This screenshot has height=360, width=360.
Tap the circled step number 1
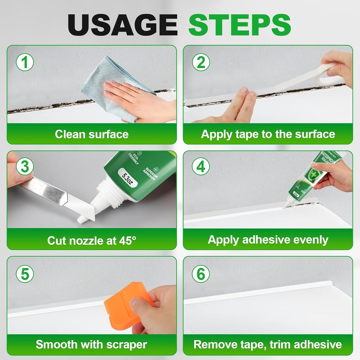click(x=25, y=63)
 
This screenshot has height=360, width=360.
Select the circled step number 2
click(x=201, y=63)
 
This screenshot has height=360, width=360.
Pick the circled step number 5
click(x=25, y=274)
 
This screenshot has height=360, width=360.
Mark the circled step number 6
click(x=201, y=274)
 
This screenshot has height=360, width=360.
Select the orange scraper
click(x=127, y=306)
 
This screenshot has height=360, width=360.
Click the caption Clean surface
click(x=91, y=134)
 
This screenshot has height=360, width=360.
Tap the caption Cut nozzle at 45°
click(x=91, y=240)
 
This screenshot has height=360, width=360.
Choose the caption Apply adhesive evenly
click(x=268, y=240)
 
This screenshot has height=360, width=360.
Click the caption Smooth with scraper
click(x=91, y=345)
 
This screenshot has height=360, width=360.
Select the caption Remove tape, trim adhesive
click(x=268, y=345)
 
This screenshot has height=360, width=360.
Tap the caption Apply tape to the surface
click(x=268, y=134)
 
